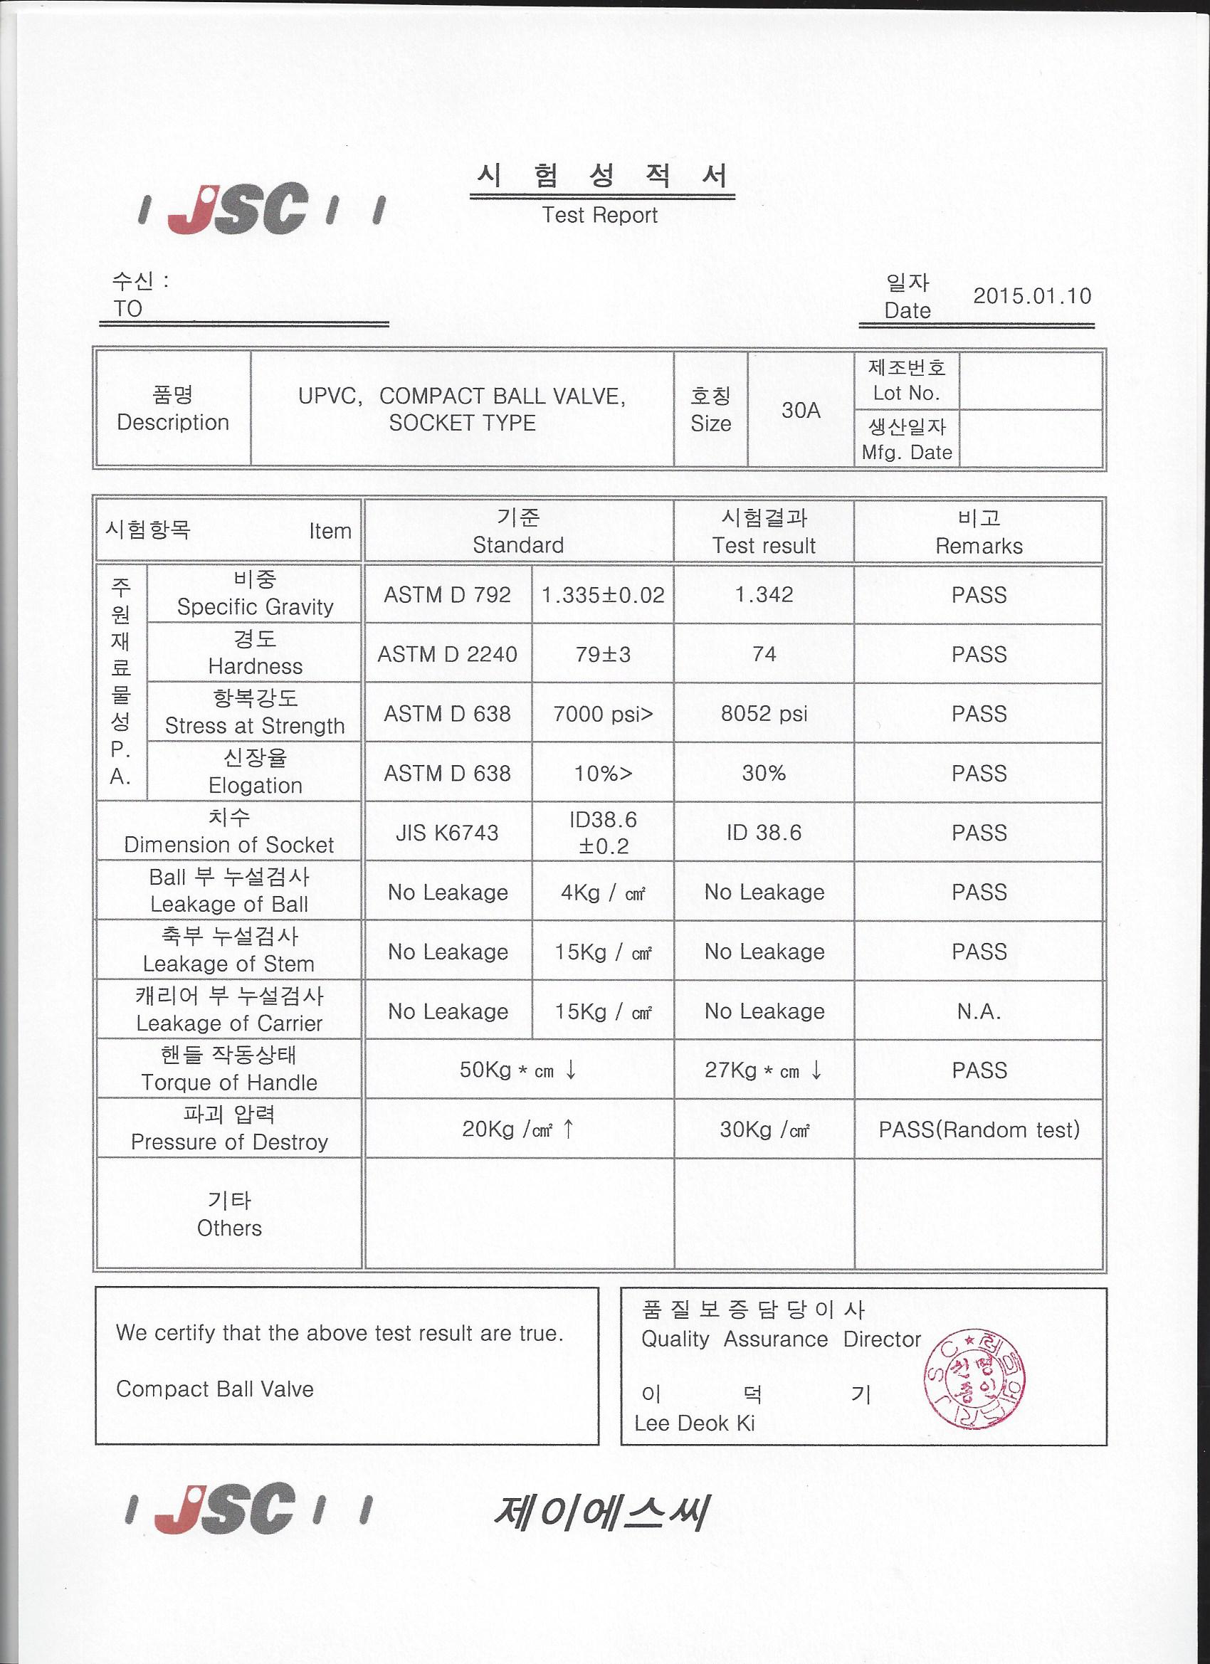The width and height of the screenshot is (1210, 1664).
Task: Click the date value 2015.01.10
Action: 1031,296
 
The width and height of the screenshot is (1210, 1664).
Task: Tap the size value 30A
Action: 801,410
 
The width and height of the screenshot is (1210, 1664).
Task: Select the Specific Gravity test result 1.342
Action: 764,594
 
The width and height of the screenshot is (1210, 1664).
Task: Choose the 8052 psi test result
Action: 764,714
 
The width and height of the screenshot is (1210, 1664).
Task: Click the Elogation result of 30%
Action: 764,774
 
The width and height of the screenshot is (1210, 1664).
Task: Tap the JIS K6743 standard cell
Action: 447,833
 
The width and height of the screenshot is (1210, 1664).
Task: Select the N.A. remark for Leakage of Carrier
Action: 979,1012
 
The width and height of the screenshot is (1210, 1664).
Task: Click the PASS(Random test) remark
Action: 979,1130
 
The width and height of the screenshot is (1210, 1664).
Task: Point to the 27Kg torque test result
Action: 763,1070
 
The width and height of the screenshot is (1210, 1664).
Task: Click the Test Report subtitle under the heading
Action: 599,215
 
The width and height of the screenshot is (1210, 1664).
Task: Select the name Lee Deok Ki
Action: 694,1423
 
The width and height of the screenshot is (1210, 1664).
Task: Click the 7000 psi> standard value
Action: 602,714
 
